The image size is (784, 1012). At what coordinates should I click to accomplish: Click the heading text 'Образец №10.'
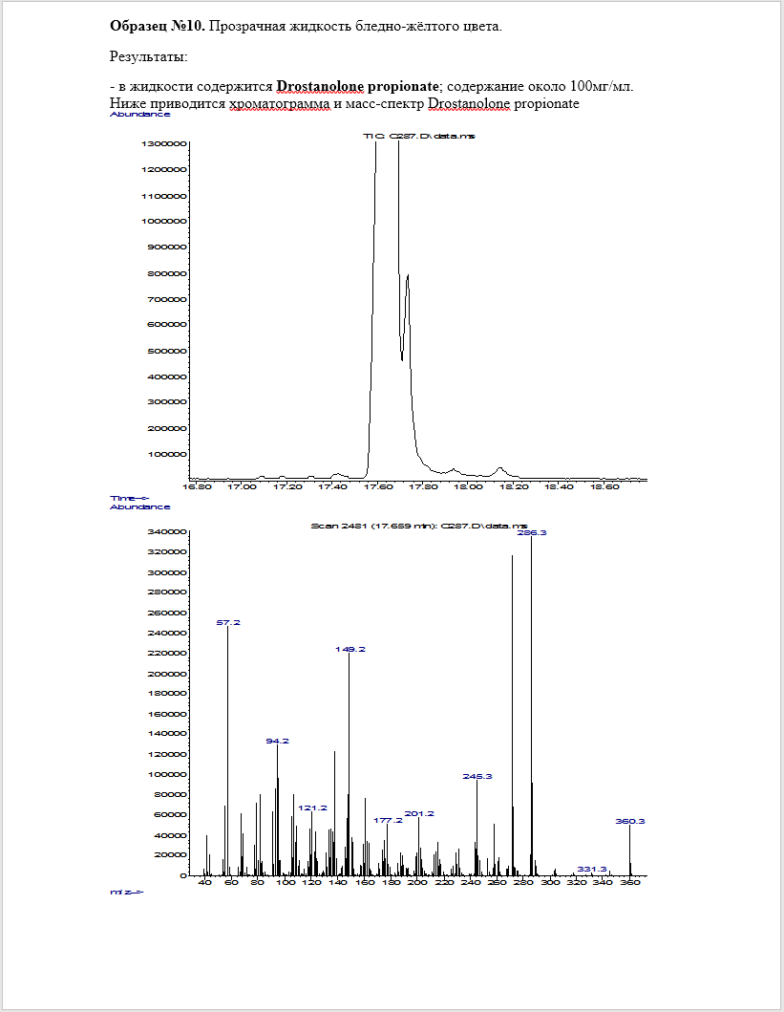[x=157, y=26]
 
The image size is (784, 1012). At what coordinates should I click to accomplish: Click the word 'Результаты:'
[x=149, y=57]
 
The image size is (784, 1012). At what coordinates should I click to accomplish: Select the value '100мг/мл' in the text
[x=605, y=87]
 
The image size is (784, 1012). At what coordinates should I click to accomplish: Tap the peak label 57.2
[x=228, y=622]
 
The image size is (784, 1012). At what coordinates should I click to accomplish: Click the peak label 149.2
[x=350, y=649]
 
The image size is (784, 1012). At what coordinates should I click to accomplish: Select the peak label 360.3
[x=630, y=821]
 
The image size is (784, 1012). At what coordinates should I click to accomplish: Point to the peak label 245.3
[x=477, y=776]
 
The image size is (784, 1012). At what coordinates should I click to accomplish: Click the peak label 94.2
[x=277, y=741]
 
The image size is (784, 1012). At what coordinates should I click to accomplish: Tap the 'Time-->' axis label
[x=131, y=498]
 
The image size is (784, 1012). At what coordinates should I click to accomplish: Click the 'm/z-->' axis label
[x=127, y=893]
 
